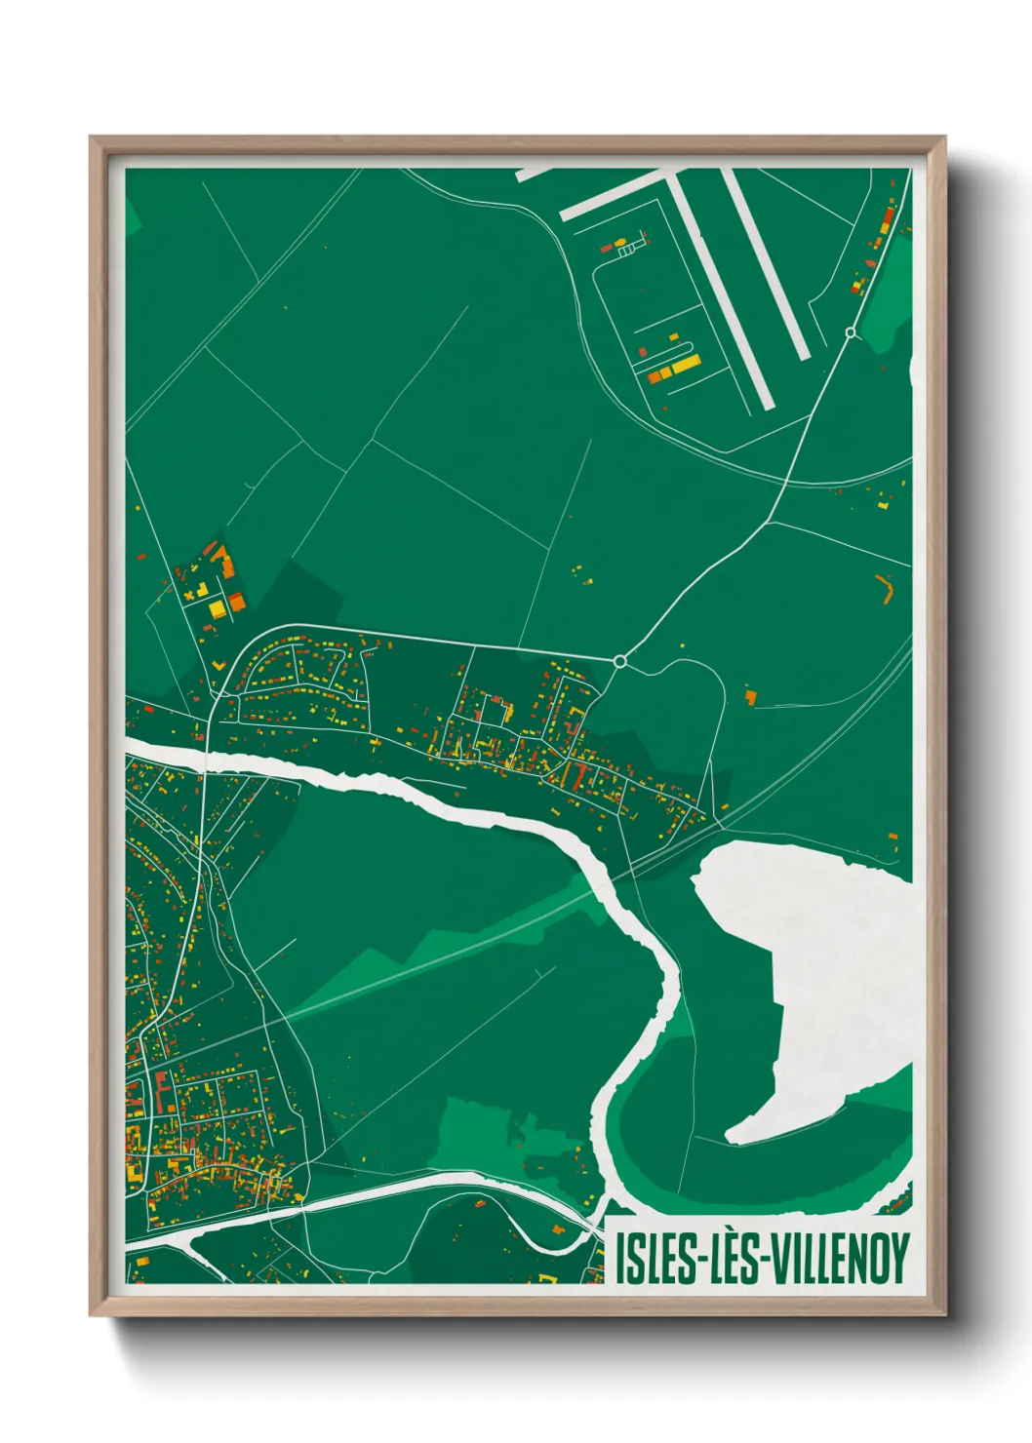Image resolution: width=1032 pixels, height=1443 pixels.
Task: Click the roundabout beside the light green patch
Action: pyautogui.click(x=851, y=332)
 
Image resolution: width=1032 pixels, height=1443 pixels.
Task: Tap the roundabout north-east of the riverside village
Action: pyautogui.click(x=619, y=661)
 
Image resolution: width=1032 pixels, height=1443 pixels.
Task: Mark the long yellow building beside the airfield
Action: pyautogui.click(x=686, y=365)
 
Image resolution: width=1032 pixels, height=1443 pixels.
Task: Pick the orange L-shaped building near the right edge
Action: pyautogui.click(x=887, y=588)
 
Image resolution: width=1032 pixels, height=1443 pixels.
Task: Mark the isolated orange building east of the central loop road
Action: pyautogui.click(x=750, y=696)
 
